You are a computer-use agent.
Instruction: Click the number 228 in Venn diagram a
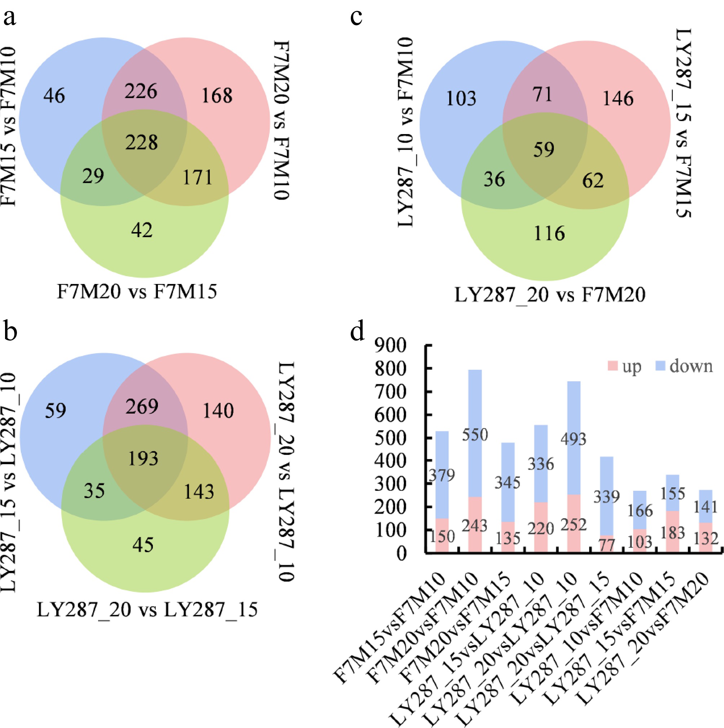tap(141, 142)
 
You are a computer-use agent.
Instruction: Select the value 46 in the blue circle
tap(54, 96)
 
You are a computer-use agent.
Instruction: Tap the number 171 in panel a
tap(198, 177)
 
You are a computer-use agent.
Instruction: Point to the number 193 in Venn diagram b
tap(143, 458)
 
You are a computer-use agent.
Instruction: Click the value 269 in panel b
tap(142, 407)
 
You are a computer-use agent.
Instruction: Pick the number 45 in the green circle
tap(143, 545)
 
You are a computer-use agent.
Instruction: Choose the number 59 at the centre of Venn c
tap(543, 150)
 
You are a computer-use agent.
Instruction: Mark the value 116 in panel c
tap(549, 233)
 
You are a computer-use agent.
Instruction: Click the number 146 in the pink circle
tap(618, 99)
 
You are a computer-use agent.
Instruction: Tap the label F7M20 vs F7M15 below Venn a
tap(136, 292)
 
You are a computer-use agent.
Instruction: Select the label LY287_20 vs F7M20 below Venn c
tap(550, 295)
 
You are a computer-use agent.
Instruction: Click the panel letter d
tap(357, 332)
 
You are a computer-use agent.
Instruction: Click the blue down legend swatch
tap(660, 365)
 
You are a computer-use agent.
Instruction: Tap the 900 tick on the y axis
tap(390, 345)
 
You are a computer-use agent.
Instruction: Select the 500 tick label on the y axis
tap(390, 438)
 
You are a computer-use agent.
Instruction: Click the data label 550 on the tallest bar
tap(475, 435)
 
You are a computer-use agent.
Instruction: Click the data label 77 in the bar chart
tap(607, 545)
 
